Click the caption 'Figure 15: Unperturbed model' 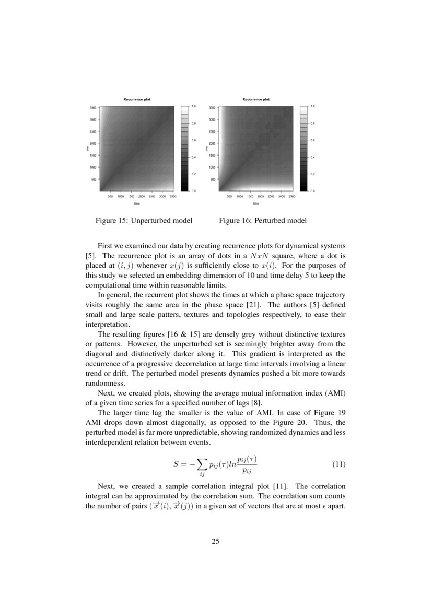[144, 221]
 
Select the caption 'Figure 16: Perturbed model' [263, 221]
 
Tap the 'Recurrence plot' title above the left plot [137, 99]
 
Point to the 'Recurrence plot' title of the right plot [256, 99]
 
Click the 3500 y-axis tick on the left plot [92, 108]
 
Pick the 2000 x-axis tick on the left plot [141, 197]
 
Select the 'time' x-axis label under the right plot [256, 204]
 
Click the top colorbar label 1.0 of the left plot [193, 106]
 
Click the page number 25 [215, 541]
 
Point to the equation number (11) [339, 464]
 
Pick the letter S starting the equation [177, 464]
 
